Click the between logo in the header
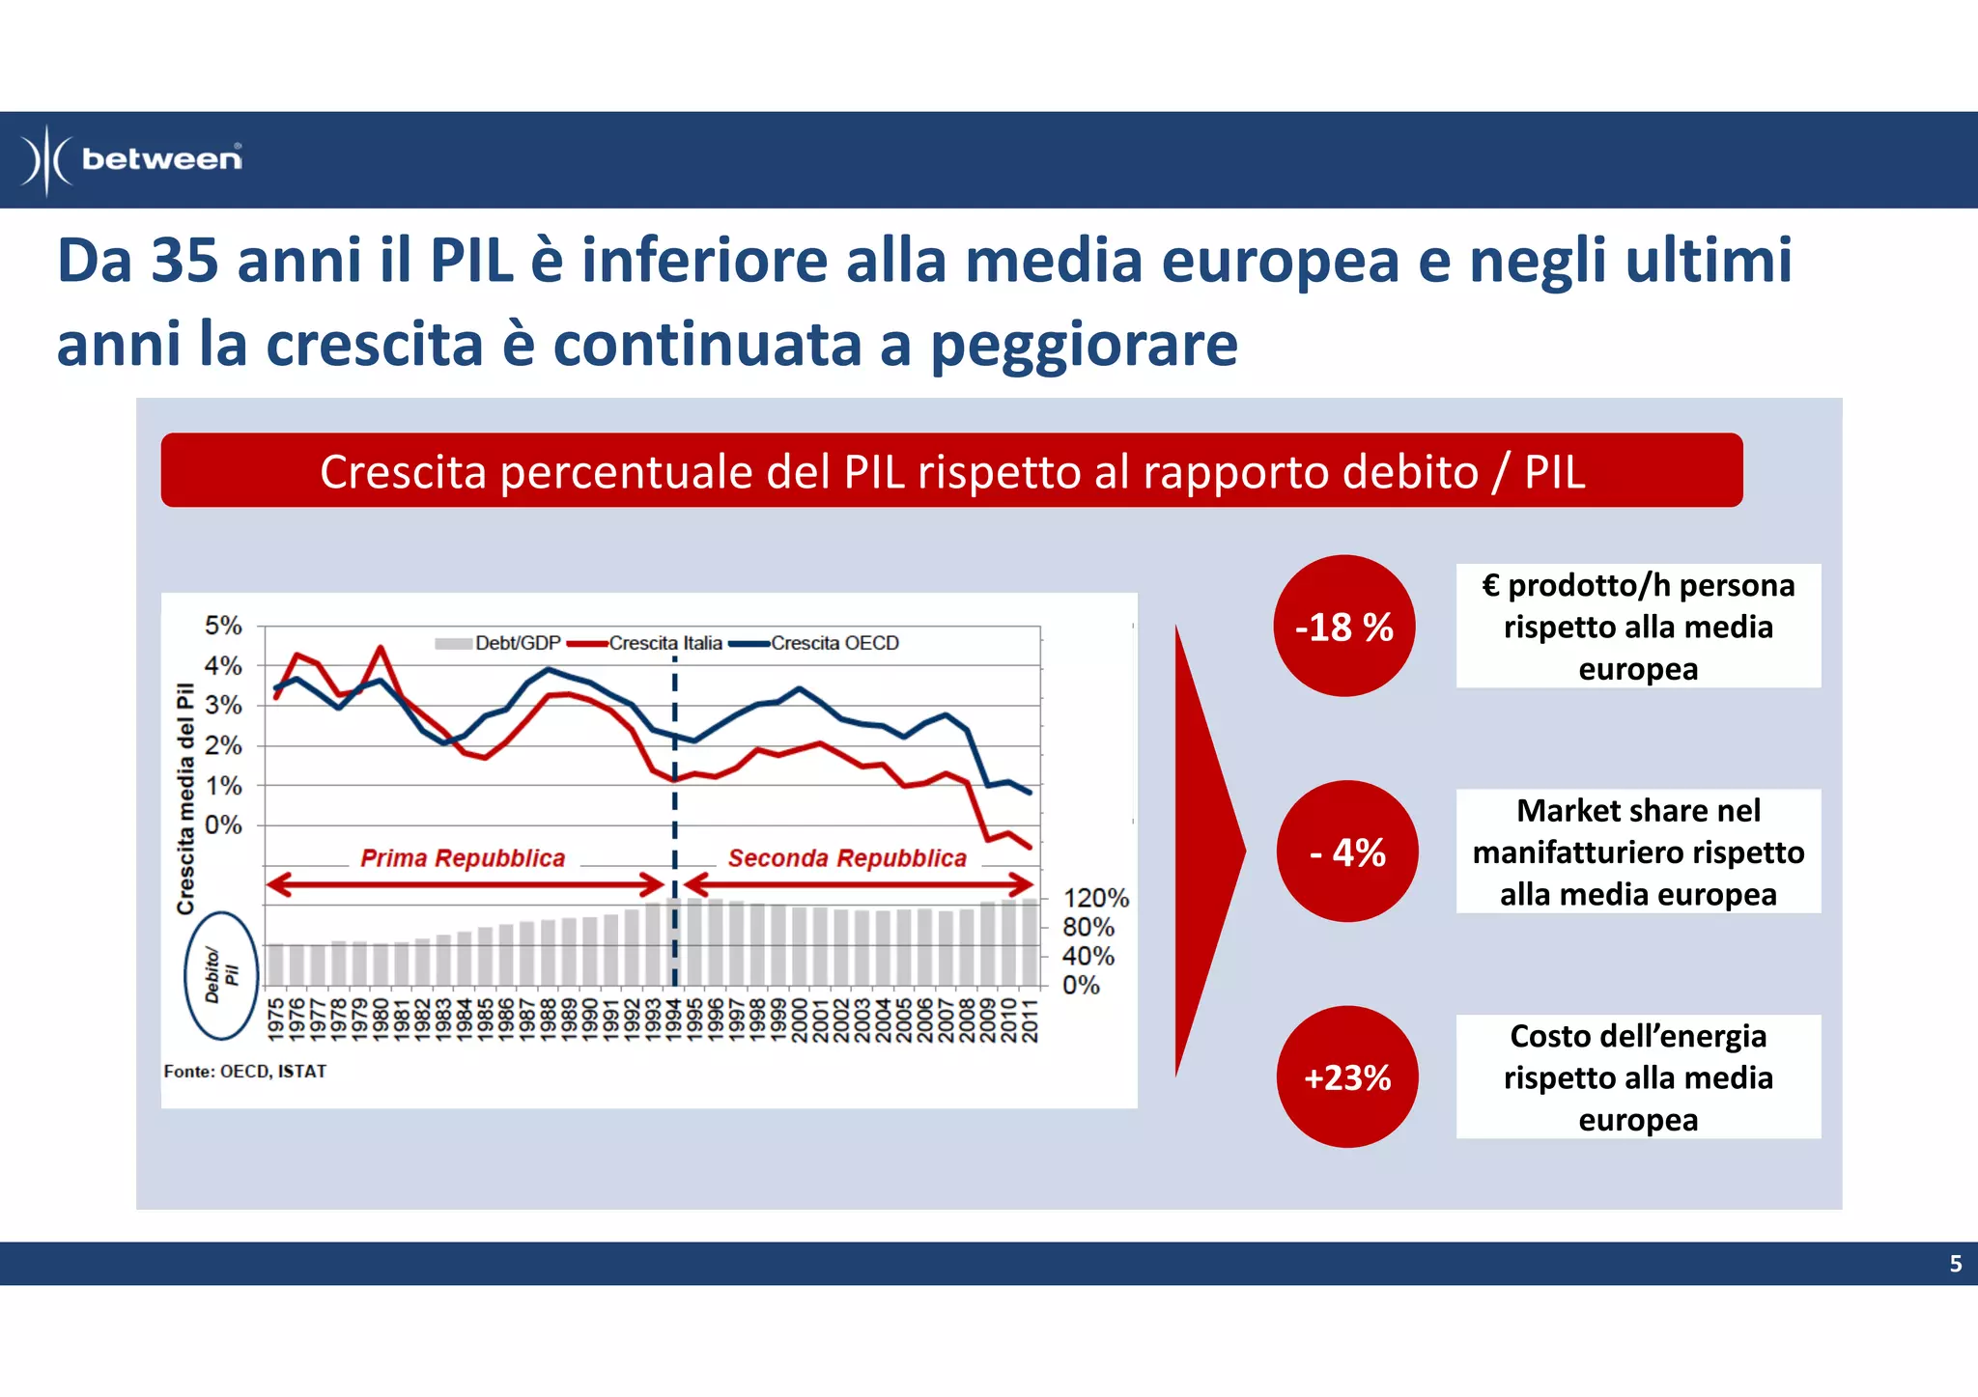132,159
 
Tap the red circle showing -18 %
1343,627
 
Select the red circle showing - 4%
1347,852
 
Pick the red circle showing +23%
1347,1077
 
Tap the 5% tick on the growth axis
223,626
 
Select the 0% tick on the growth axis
223,825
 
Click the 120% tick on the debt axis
1095,898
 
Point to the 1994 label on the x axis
674,1020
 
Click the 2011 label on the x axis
1030,1020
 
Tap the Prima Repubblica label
463,858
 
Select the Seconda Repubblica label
847,858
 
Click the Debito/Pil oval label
221,975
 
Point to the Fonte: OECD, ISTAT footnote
245,1072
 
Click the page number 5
1955,1264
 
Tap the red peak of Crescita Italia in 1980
381,648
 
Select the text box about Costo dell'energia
1638,1077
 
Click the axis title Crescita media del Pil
185,797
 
